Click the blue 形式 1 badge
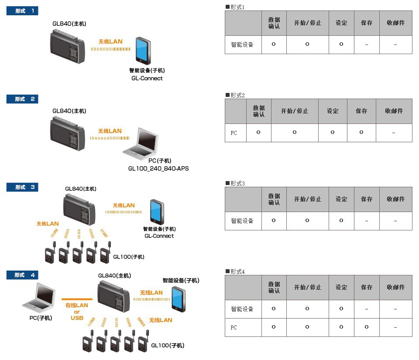22,11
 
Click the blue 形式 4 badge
22,275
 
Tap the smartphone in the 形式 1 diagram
143,51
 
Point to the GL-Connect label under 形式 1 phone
147,79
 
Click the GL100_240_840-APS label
158,168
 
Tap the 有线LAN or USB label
77,311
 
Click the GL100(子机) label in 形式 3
129,257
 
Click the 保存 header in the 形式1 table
367,23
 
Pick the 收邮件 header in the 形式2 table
394,111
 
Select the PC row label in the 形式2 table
234,133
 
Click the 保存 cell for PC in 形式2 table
361,133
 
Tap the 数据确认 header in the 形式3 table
274,199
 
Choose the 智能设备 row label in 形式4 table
242,309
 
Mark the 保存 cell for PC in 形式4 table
367,327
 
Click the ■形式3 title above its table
235,183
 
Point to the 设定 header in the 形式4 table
341,288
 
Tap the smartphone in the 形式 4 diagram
177,299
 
